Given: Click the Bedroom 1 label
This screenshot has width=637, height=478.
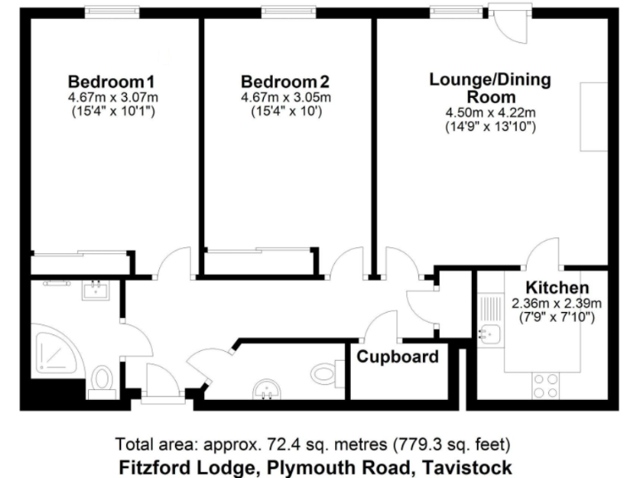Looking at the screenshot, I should click(111, 82).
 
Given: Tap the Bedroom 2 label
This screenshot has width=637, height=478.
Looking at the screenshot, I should click(285, 82).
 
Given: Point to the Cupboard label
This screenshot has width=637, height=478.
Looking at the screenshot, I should click(397, 358).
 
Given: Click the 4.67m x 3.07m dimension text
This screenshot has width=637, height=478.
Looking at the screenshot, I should click(111, 97).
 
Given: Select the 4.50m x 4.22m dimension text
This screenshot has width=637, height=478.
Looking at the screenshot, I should click(489, 113).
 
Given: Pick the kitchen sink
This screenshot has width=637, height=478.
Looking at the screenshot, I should click(489, 334).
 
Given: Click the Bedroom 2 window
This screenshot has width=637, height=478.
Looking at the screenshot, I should click(285, 12).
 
